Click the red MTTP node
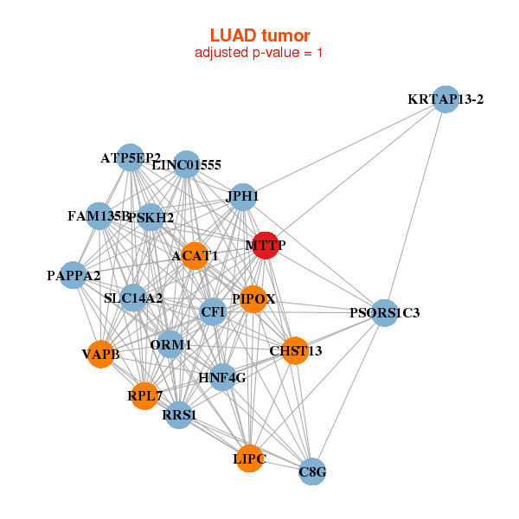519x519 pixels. tap(265, 246)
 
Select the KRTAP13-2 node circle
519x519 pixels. tap(445, 99)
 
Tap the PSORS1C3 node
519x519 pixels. tap(385, 312)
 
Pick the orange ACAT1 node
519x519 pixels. tap(195, 255)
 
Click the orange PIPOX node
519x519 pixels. tap(253, 299)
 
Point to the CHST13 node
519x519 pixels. tap(295, 350)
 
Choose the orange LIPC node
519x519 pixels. tap(249, 458)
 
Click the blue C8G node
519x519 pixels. tap(312, 471)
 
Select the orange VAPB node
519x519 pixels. tap(101, 354)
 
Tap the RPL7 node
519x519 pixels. tap(144, 396)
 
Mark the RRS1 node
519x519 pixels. tap(180, 415)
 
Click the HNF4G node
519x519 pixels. tap(222, 377)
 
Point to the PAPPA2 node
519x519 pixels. tap(74, 276)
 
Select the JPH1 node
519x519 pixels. tap(243, 196)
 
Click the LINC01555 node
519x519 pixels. tap(187, 164)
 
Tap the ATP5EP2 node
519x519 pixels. tap(130, 157)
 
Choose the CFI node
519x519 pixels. tap(213, 311)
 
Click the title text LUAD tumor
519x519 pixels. tap(259, 35)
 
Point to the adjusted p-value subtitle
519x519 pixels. tap(259, 53)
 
